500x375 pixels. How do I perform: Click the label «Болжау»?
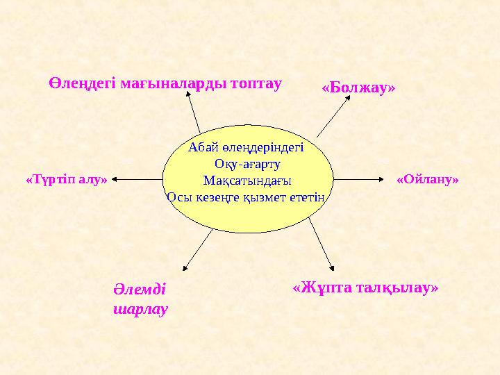click(x=358, y=88)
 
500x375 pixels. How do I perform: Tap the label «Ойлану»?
click(x=428, y=179)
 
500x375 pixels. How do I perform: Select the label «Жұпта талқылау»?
click(x=366, y=287)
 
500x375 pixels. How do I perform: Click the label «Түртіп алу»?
click(x=67, y=179)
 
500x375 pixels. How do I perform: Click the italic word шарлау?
click(x=140, y=309)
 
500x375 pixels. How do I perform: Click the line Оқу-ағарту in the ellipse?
click(x=247, y=164)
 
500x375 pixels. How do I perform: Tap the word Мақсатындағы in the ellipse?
click(x=247, y=181)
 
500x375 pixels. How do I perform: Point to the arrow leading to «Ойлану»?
click(x=360, y=178)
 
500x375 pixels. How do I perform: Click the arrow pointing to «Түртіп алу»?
click(x=136, y=178)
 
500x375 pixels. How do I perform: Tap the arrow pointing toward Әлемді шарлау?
click(x=197, y=249)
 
